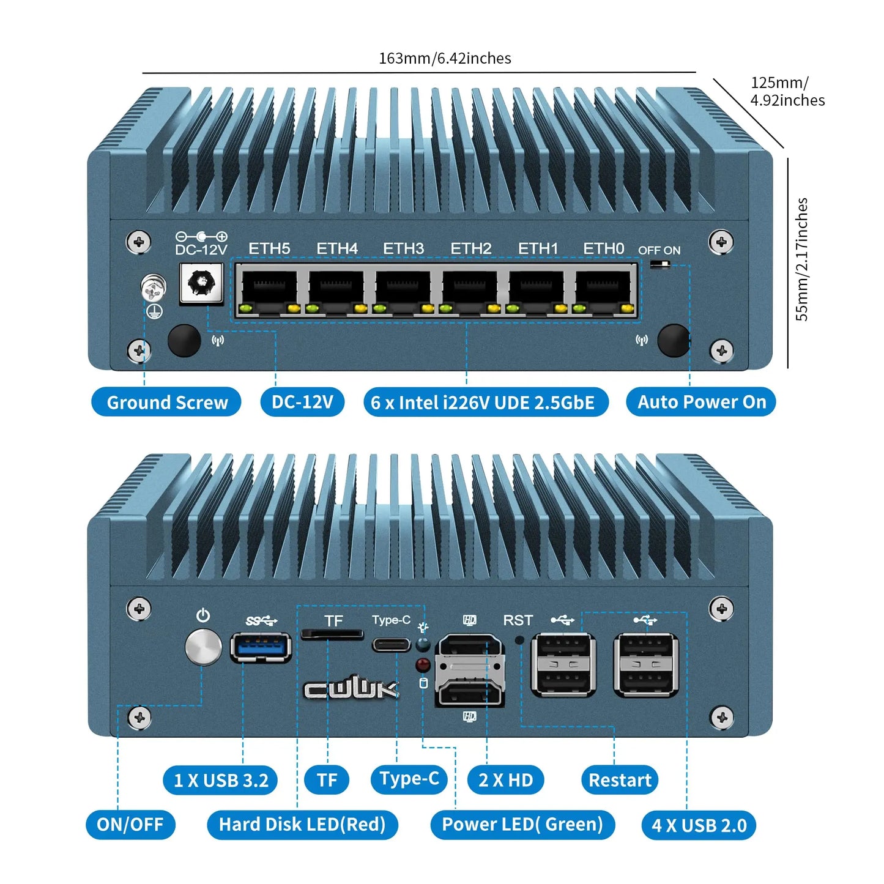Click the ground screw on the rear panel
[x=154, y=288]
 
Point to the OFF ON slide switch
[x=660, y=264]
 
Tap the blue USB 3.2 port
[x=260, y=648]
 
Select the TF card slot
[x=332, y=634]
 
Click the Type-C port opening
[x=391, y=645]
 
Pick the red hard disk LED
[x=422, y=664]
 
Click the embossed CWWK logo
[x=352, y=689]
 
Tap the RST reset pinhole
[x=519, y=640]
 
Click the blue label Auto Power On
[x=701, y=402]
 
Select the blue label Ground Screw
[x=166, y=402]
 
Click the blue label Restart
[x=619, y=780]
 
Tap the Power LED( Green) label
[x=522, y=825]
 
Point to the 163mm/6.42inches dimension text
[x=445, y=58]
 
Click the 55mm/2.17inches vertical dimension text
[x=801, y=259]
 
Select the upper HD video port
[x=469, y=647]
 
